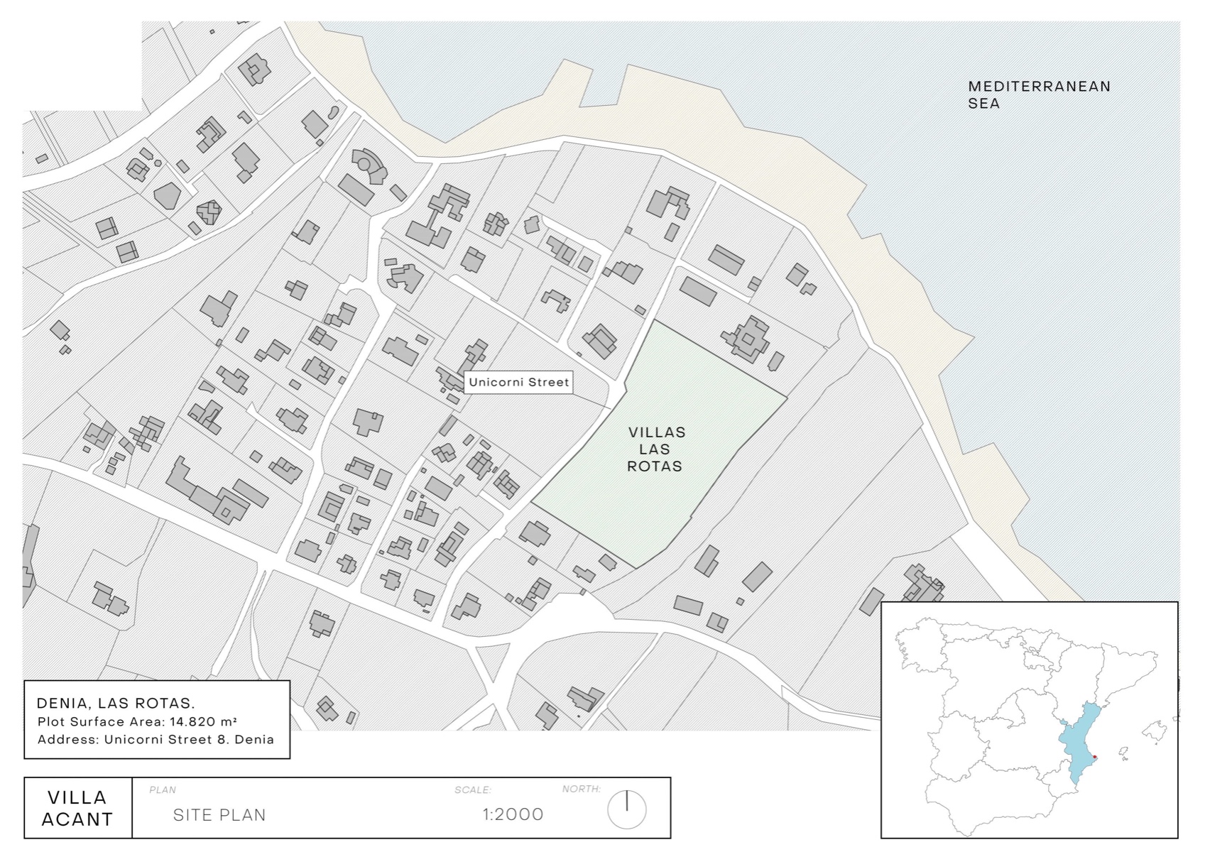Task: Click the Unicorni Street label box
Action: tap(519, 383)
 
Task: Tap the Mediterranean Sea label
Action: tap(1039, 94)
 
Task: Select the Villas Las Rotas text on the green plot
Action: tap(657, 449)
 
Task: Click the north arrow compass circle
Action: tap(627, 810)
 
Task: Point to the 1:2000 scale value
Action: tap(513, 814)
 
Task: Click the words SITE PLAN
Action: tap(219, 815)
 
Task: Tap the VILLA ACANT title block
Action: tap(77, 808)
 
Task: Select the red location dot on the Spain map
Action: tap(1094, 757)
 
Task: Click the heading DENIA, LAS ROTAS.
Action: tap(116, 704)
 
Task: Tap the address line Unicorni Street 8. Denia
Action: tap(189, 739)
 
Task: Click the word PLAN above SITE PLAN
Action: tap(163, 790)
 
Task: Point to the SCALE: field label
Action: tap(473, 790)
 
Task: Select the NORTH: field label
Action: tap(582, 789)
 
